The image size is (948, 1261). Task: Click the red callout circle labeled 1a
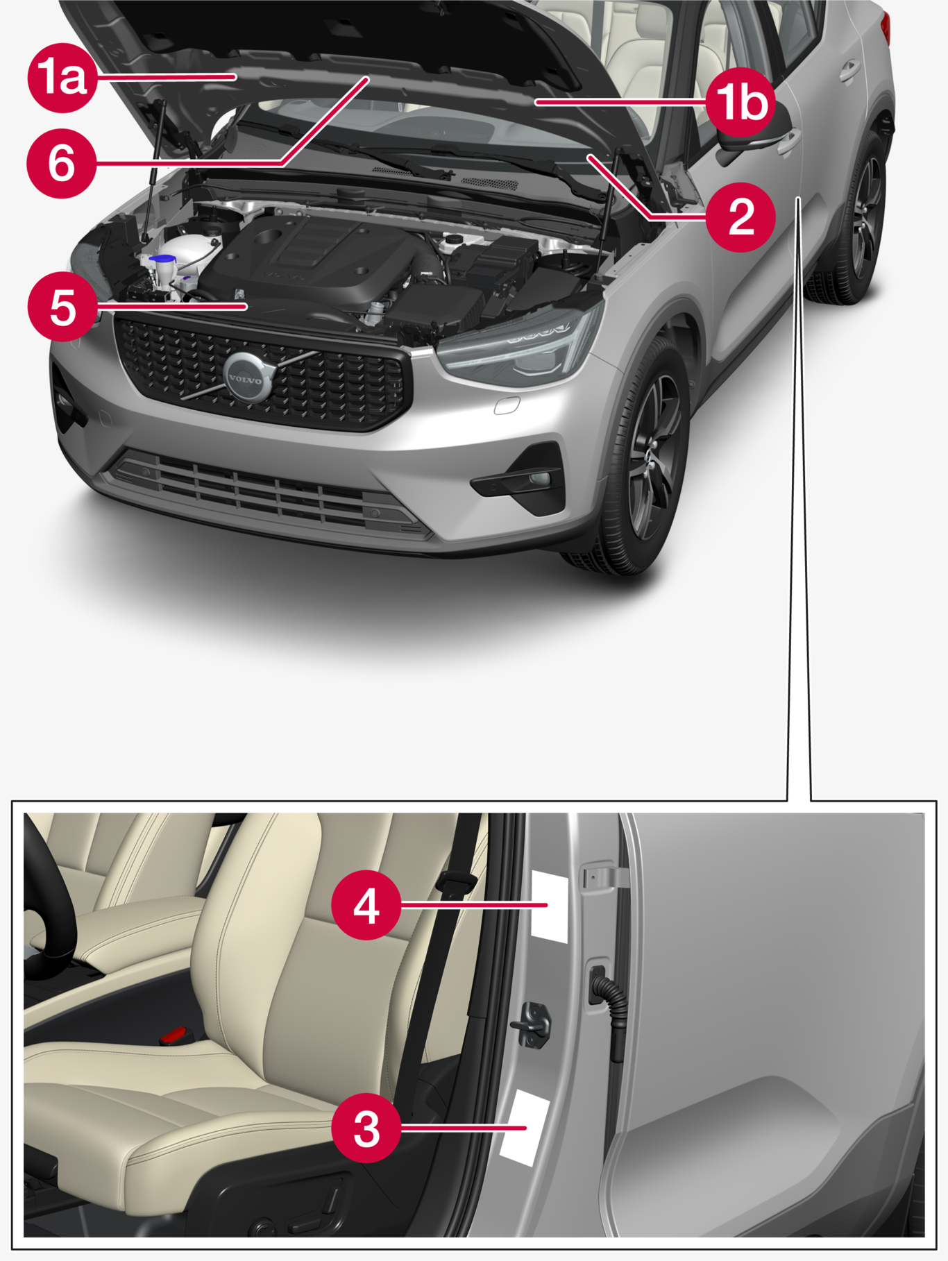[x=62, y=78]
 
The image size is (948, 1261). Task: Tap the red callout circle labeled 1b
[x=741, y=103]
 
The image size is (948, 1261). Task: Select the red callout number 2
[x=741, y=217]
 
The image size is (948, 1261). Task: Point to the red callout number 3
[x=366, y=1128]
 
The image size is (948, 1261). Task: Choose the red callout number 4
[x=366, y=905]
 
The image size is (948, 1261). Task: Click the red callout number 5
[x=62, y=307]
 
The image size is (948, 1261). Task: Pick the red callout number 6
[x=62, y=164]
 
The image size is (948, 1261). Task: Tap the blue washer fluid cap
[x=162, y=260]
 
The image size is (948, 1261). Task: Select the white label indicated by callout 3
[x=525, y=1127]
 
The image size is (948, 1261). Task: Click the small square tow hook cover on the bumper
[x=507, y=405]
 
